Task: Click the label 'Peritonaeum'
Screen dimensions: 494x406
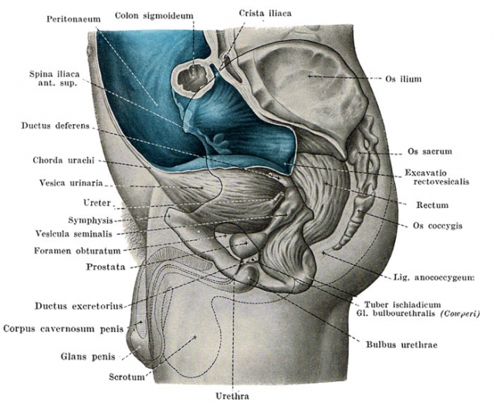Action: pos(74,19)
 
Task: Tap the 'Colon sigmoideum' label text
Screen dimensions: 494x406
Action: pos(154,15)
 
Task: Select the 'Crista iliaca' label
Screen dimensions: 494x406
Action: pos(265,13)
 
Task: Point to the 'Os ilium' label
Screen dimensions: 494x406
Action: pos(403,79)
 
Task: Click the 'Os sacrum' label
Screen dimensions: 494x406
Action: pos(430,151)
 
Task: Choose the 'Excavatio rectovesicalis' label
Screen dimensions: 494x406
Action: pos(437,177)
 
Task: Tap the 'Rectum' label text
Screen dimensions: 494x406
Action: pos(432,206)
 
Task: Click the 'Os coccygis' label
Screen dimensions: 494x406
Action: pos(438,226)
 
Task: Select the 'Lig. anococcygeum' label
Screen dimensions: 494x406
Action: pos(434,277)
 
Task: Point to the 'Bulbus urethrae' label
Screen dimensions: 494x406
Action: pos(401,344)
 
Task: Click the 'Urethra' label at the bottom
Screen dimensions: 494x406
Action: pos(232,396)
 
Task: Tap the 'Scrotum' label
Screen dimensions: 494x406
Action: pos(127,377)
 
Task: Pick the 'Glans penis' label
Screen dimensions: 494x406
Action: pos(87,357)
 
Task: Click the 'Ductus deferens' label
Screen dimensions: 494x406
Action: pos(56,126)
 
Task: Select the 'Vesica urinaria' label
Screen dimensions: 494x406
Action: pos(71,183)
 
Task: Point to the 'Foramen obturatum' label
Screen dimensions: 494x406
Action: pos(77,251)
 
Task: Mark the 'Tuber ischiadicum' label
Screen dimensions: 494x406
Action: pos(403,304)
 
